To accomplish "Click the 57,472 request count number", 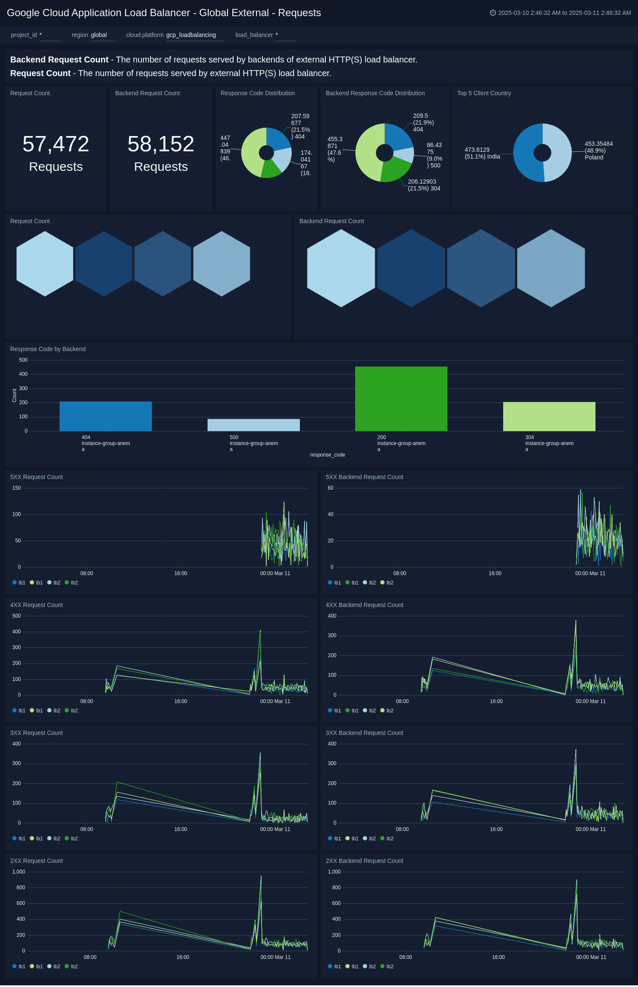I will (x=56, y=144).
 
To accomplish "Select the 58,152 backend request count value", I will (x=161, y=144).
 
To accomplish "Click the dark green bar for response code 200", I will (x=401, y=399).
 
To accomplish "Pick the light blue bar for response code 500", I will (x=253, y=425).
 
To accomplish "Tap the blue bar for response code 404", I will (x=105, y=416).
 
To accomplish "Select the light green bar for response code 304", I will (x=549, y=416).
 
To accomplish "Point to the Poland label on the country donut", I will (x=594, y=157).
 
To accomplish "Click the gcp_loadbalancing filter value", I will (x=191, y=35).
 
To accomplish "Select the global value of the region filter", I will (x=99, y=35).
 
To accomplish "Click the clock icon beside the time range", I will (x=493, y=13).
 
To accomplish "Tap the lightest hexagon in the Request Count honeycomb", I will (x=45, y=264).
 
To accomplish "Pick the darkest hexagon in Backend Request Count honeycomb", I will (x=411, y=268).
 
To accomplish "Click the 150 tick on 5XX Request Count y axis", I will (x=17, y=488).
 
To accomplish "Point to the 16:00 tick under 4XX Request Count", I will (x=181, y=701).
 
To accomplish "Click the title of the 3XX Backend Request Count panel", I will (x=364, y=733).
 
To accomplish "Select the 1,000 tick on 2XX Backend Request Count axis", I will (x=334, y=872).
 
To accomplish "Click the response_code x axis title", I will (x=328, y=455).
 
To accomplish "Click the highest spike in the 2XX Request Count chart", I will (x=261, y=876).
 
